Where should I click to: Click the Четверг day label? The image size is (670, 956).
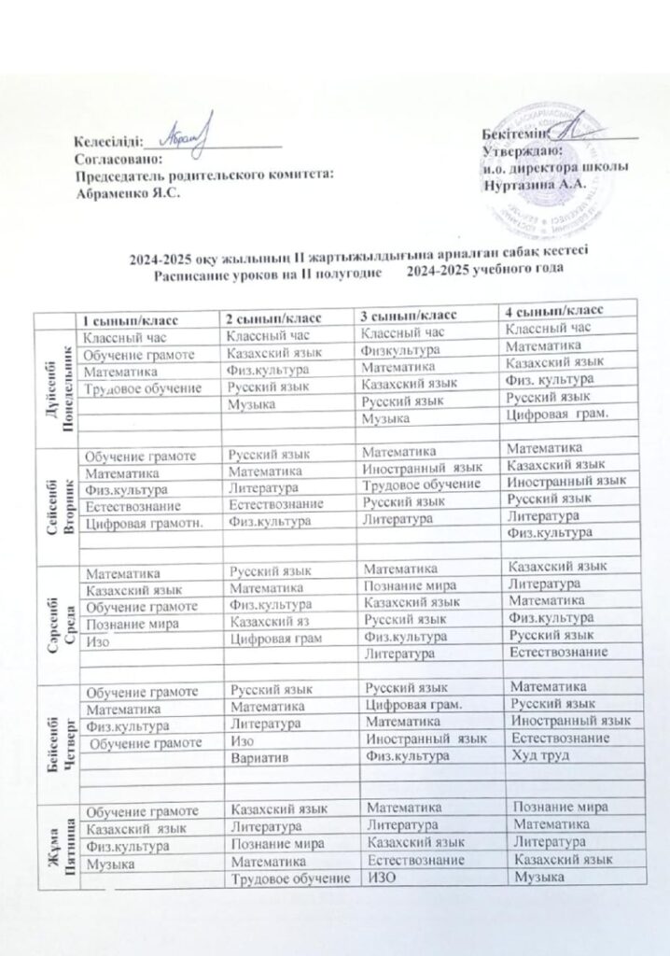60,738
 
